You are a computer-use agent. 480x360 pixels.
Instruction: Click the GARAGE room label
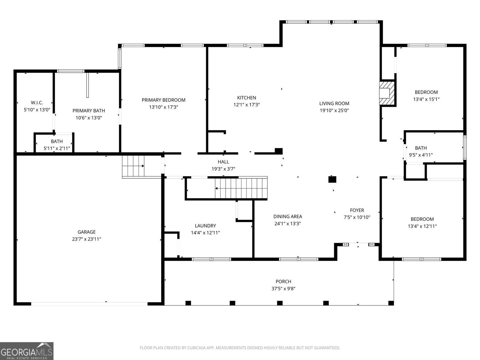pyautogui.click(x=87, y=232)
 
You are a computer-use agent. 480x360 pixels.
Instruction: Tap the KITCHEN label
pyautogui.click(x=247, y=98)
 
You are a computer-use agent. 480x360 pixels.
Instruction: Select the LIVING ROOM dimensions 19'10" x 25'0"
pyautogui.click(x=334, y=110)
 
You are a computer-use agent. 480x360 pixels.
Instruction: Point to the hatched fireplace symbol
pyautogui.click(x=387, y=93)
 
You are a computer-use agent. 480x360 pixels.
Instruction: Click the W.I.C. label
pyautogui.click(x=37, y=103)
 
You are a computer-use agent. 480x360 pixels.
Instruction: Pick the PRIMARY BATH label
pyautogui.click(x=89, y=111)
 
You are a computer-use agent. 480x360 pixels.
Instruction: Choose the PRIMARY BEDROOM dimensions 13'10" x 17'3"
pyautogui.click(x=163, y=107)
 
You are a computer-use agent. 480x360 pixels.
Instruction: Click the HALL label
pyautogui.click(x=223, y=162)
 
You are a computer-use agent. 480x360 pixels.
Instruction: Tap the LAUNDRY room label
pyautogui.click(x=205, y=226)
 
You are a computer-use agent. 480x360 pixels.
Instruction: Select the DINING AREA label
pyautogui.click(x=288, y=216)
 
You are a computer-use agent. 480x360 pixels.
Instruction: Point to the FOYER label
pyautogui.click(x=357, y=210)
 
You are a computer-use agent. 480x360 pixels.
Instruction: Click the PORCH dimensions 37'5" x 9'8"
pyautogui.click(x=283, y=289)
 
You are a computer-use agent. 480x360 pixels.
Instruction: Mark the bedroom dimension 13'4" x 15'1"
pyautogui.click(x=426, y=99)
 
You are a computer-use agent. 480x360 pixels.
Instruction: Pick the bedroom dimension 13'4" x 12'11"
pyautogui.click(x=422, y=226)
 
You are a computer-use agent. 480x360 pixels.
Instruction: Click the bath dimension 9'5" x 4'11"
pyautogui.click(x=421, y=155)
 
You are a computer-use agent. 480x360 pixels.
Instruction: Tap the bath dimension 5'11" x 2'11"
pyautogui.click(x=57, y=148)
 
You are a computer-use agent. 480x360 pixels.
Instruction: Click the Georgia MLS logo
pyautogui.click(x=27, y=351)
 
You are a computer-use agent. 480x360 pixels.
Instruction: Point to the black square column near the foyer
pyautogui.click(x=332, y=179)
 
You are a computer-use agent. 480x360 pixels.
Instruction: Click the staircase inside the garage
pyautogui.click(x=133, y=166)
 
